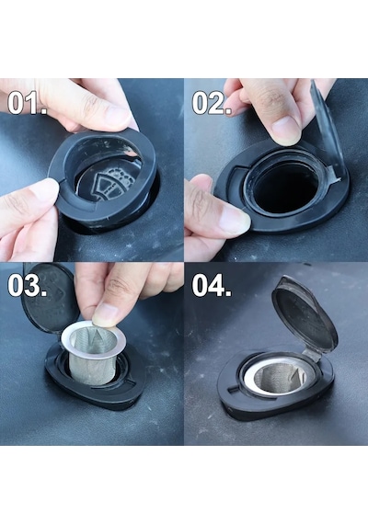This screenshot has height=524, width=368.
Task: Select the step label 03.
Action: (x=27, y=286)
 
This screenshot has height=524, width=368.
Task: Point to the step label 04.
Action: (x=212, y=286)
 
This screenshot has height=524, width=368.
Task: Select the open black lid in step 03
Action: (x=51, y=298)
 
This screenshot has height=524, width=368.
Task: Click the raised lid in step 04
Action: (x=305, y=316)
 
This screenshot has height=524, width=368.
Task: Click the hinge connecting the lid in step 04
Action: (x=312, y=354)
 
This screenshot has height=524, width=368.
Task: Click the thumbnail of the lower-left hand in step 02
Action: (x=235, y=219)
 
